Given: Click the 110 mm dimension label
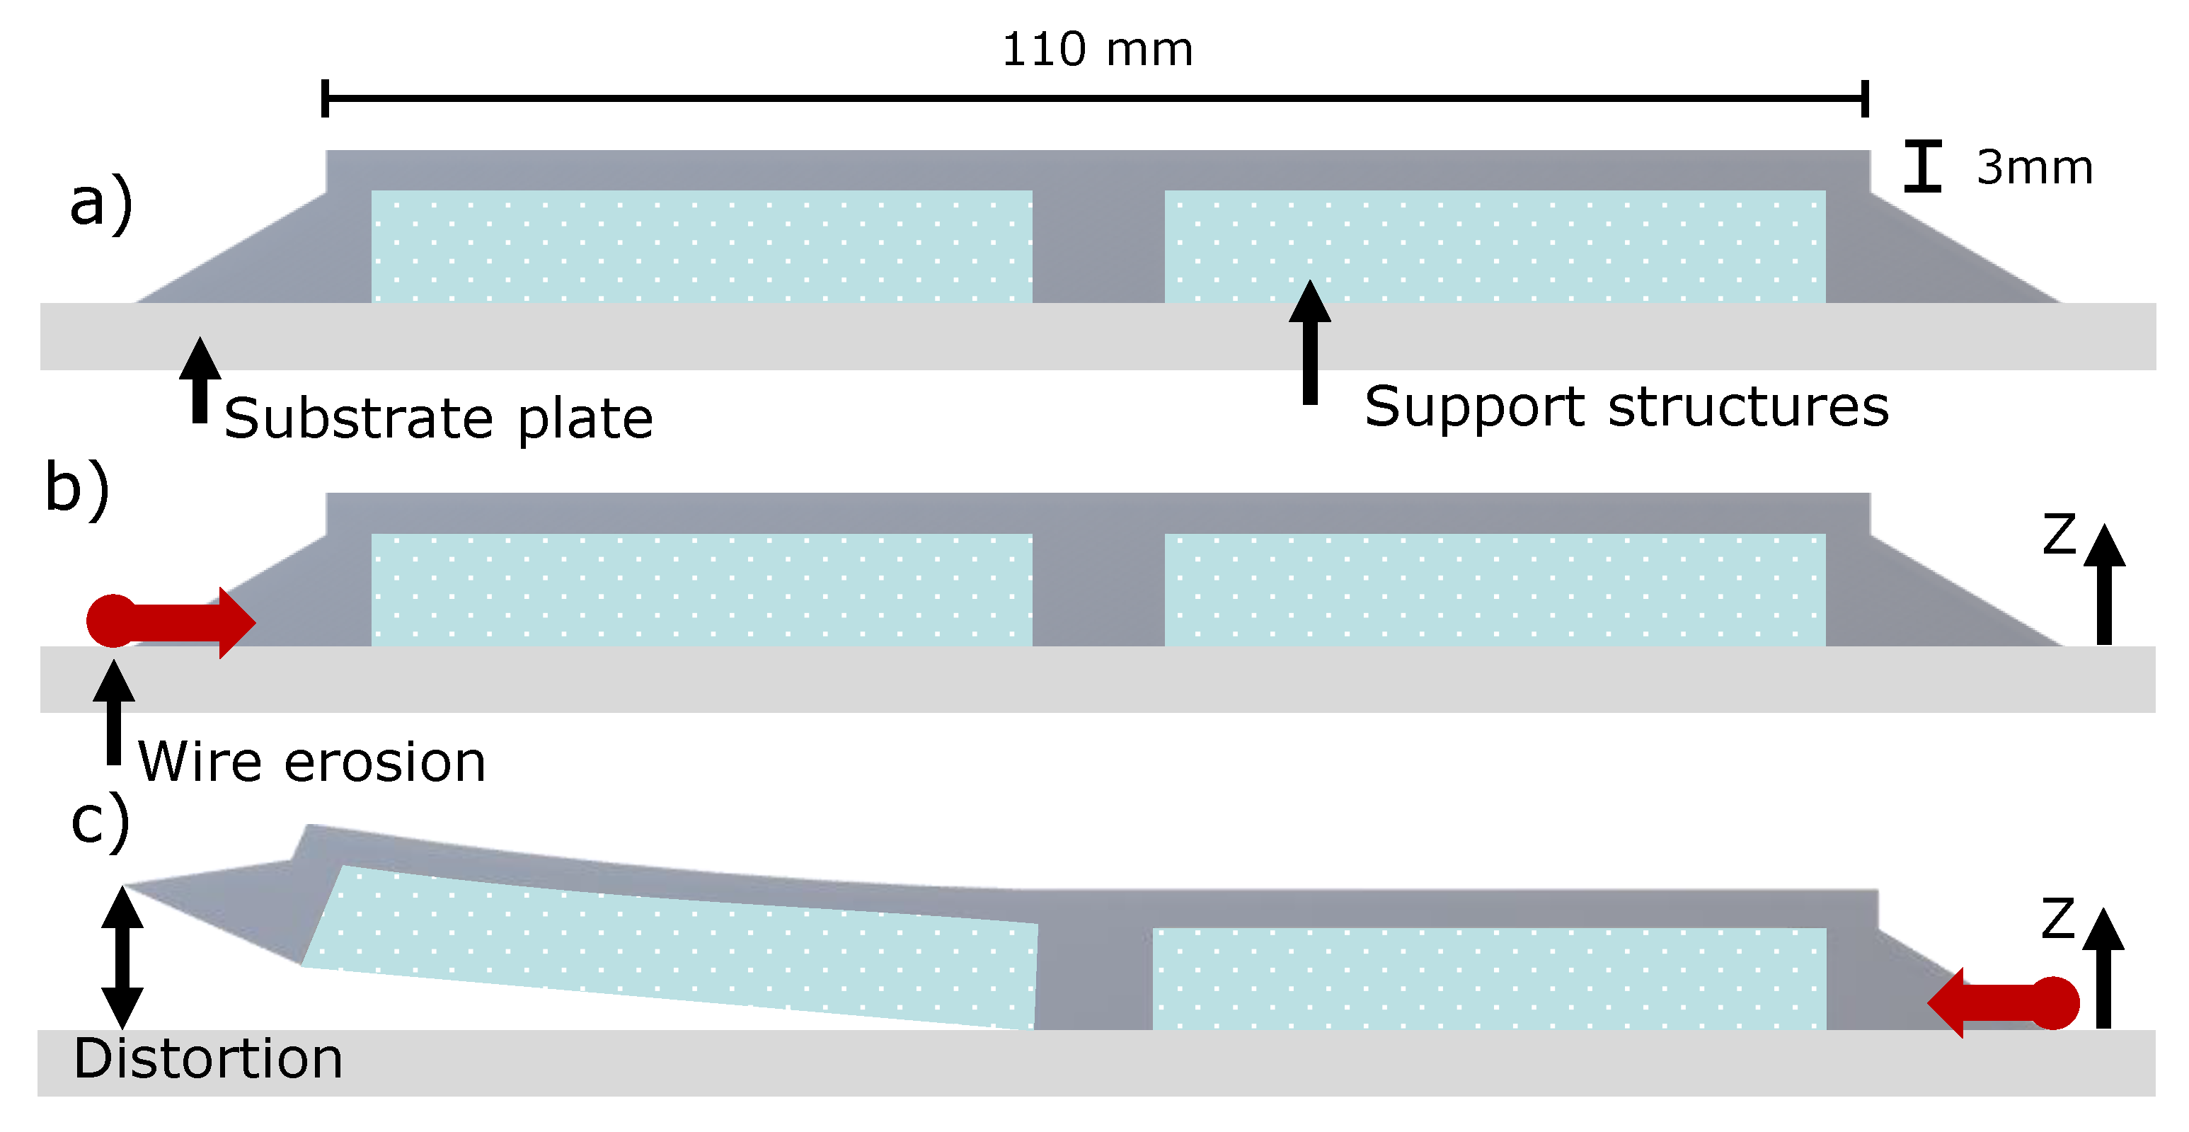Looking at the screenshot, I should point(1097,50).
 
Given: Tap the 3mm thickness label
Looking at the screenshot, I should point(2034,167).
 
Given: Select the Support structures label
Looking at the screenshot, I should point(1626,406).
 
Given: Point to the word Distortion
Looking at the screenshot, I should point(208,1059).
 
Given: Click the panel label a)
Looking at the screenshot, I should point(101,203).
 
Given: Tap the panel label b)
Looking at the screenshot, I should point(77,488).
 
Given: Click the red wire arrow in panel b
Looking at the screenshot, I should point(170,622).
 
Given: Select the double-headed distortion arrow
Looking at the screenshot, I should point(122,958).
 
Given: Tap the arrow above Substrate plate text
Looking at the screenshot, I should point(200,380).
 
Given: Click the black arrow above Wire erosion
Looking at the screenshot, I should point(114,712).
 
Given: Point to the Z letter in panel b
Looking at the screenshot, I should point(2059,534).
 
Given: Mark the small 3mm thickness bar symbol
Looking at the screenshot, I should point(1922,166).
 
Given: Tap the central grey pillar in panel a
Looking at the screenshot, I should point(1098,246).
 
